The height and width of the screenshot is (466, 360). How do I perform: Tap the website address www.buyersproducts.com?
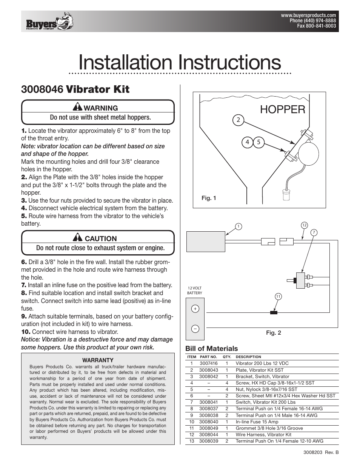(308, 16)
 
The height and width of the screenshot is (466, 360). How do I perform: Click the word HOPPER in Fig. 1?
(283, 109)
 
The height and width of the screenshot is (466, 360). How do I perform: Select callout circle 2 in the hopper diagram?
(238, 120)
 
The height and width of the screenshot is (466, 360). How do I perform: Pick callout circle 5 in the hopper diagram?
(258, 142)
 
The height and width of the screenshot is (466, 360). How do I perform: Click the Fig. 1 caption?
(209, 198)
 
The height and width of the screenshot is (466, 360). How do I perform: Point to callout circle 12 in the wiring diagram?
(305, 225)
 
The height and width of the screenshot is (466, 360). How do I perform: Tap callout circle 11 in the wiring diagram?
(278, 297)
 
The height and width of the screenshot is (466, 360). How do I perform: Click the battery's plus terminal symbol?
(195, 309)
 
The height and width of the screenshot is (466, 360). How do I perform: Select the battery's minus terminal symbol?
(195, 329)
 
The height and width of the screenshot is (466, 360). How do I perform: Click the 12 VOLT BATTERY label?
(195, 291)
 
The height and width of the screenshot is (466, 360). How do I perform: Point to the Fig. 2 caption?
(274, 333)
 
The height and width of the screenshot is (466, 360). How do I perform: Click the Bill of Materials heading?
(212, 349)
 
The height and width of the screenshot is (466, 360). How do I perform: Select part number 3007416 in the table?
(209, 363)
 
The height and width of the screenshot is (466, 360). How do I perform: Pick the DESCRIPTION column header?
(248, 357)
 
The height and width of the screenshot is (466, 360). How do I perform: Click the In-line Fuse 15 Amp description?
(257, 421)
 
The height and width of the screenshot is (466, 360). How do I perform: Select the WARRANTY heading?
(98, 360)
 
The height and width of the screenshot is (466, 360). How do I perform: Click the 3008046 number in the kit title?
(42, 89)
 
